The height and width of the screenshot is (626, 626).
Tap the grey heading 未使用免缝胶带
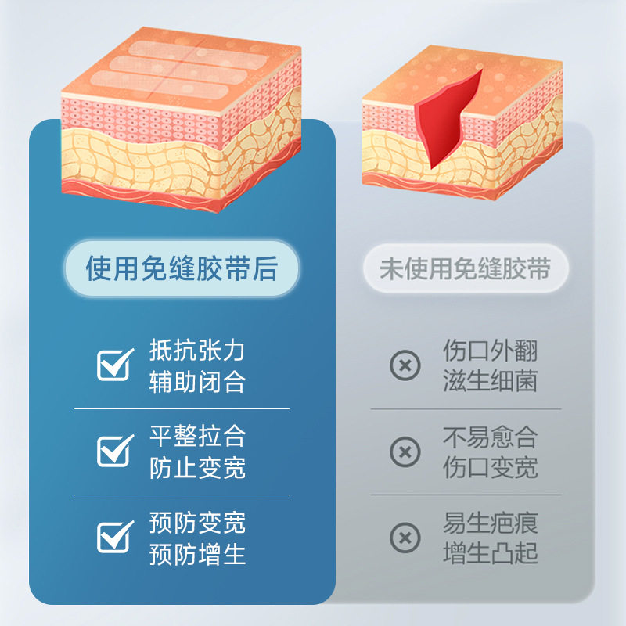click(465, 270)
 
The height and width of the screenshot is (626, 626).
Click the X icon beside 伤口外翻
click(405, 365)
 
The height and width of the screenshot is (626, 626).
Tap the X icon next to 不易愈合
click(405, 452)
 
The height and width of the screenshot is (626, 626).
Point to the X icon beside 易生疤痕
click(405, 538)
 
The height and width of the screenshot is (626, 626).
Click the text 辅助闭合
click(197, 382)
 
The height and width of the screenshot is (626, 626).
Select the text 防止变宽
click(197, 468)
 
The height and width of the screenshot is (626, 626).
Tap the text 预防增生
click(197, 554)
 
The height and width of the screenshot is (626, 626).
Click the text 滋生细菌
click(490, 382)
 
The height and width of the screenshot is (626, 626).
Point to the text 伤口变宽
click(490, 468)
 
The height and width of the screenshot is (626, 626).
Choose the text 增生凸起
click(490, 554)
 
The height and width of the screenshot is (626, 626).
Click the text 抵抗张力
click(197, 350)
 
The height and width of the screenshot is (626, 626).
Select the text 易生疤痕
click(490, 522)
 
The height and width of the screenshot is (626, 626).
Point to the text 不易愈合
click(490, 436)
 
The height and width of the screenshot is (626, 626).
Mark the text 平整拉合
click(197, 436)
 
